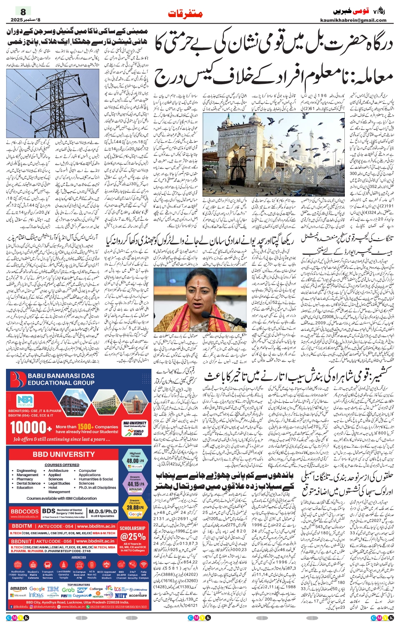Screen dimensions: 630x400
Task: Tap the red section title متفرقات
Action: point(185,14)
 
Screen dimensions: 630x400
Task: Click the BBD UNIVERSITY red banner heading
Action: point(63,454)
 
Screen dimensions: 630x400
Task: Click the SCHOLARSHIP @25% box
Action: point(133,534)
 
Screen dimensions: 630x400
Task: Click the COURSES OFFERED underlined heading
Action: point(62,465)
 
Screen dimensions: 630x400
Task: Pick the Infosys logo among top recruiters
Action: point(36,595)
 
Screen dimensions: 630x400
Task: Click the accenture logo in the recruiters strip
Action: point(138,595)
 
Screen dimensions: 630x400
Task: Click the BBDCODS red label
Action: point(25,512)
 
